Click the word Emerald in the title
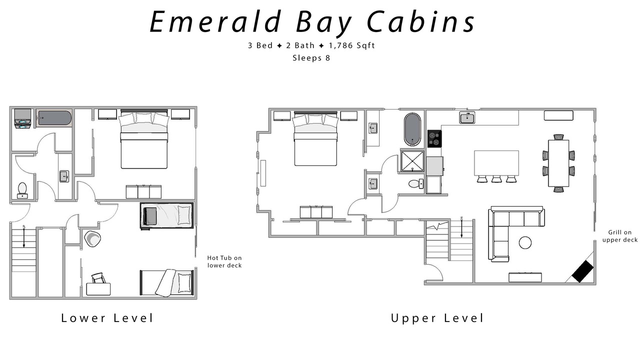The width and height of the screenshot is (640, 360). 215,21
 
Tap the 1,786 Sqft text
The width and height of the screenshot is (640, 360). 351,45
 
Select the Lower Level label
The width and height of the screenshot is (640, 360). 107,318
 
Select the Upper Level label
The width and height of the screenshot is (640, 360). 437,318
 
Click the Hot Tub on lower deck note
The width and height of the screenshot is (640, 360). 224,261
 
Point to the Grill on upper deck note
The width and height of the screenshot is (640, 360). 619,236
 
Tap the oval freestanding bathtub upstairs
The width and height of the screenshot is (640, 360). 412,129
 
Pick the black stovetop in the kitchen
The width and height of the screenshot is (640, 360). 434,139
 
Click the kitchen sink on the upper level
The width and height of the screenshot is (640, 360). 467,117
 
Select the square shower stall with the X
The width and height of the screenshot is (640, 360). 412,161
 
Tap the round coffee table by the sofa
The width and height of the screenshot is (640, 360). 525,243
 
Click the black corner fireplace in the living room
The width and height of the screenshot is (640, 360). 583,271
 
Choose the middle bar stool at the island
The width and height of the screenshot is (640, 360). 496,179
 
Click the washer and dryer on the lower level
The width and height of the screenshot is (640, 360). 23,119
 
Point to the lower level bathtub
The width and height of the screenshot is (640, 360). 54,118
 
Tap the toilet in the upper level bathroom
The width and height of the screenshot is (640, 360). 415,183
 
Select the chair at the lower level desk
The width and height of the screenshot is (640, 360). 98,278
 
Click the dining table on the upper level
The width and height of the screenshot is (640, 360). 558,163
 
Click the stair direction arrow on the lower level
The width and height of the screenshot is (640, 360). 24,236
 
